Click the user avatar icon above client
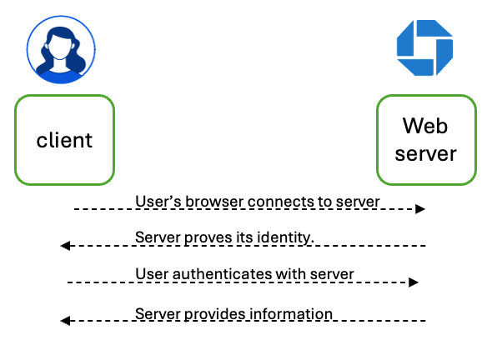click(x=61, y=50)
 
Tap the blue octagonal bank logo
click(x=424, y=47)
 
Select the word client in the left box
click(x=64, y=140)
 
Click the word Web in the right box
click(x=425, y=126)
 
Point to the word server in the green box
click(x=425, y=154)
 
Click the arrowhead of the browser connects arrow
click(x=420, y=209)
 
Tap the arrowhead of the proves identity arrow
click(x=65, y=246)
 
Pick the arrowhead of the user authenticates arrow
click(x=414, y=282)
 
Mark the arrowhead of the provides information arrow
click(x=65, y=321)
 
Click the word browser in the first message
click(x=214, y=202)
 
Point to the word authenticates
click(x=222, y=274)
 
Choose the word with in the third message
click(x=291, y=274)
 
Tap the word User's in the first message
click(x=158, y=202)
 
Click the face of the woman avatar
click(x=59, y=47)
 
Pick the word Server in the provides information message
click(x=158, y=314)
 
